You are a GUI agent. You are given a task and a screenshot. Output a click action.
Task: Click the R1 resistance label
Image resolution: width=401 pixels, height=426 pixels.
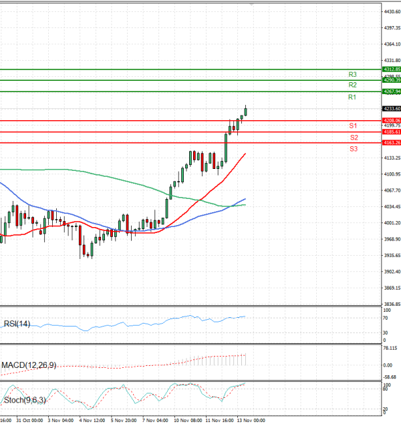coord(352,97)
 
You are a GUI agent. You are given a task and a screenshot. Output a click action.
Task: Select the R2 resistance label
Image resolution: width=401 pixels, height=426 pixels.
coord(352,85)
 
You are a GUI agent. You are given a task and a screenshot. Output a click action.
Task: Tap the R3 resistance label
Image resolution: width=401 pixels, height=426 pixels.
coord(352,74)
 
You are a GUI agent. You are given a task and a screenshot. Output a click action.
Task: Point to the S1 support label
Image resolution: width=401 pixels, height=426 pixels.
coord(353,126)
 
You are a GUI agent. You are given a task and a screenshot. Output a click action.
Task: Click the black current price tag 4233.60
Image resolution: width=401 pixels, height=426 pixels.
coord(391,109)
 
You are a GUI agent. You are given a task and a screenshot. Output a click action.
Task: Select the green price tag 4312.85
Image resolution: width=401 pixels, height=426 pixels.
coord(391,69)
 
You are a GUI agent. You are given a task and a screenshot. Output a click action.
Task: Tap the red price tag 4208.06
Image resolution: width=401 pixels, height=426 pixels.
coord(391,120)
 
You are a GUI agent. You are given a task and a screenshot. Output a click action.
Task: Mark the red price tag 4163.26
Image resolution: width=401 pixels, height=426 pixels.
coord(391,143)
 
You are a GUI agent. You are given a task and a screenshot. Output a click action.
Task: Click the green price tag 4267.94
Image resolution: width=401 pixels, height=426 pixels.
coord(391,91)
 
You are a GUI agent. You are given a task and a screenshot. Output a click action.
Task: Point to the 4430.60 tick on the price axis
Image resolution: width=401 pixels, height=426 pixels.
coord(392,11)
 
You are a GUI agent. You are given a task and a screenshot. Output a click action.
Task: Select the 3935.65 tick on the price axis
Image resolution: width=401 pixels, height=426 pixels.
coord(392,256)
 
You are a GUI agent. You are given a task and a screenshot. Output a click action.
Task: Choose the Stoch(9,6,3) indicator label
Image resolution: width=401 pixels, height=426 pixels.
coord(25,401)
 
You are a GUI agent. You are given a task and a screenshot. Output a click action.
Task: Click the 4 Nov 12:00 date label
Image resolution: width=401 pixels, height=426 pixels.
coord(91,421)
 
